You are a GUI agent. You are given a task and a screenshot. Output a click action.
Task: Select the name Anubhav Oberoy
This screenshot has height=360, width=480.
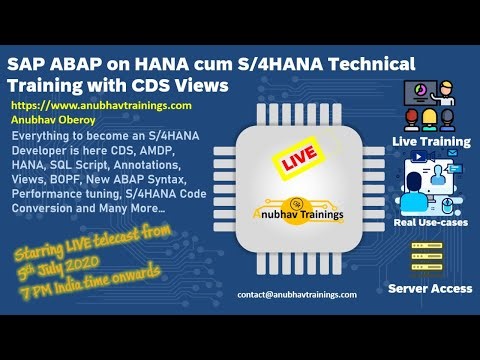[50, 116]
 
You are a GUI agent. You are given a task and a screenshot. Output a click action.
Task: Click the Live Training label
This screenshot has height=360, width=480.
[431, 142]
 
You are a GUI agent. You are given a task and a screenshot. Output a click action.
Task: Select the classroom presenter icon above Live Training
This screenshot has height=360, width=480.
[431, 105]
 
